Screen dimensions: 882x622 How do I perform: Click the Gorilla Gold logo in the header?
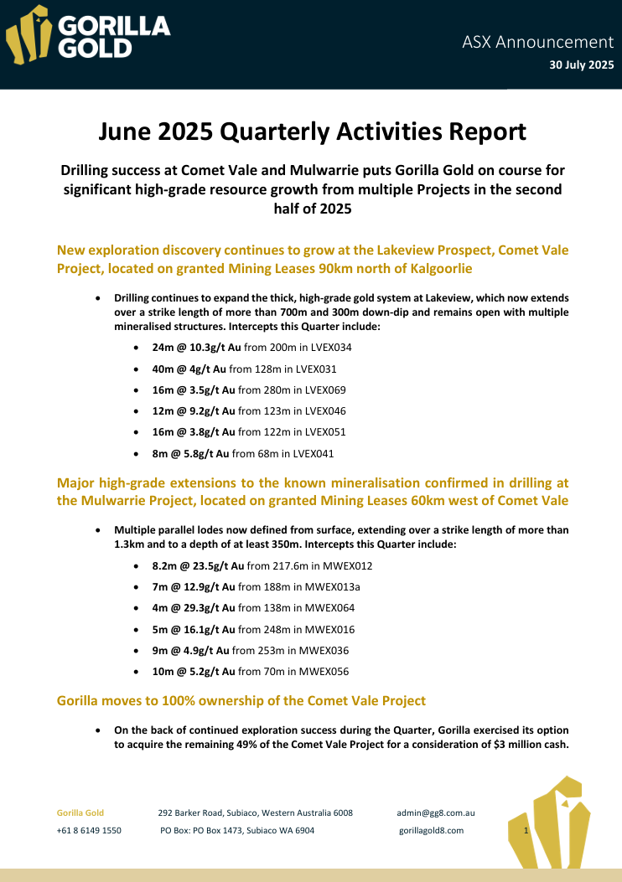click(88, 35)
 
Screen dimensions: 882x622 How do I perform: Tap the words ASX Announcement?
click(537, 41)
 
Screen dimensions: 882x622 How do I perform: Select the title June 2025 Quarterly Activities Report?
click(312, 132)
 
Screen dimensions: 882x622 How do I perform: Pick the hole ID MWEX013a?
click(323, 587)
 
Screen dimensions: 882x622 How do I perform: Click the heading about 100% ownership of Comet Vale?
click(241, 700)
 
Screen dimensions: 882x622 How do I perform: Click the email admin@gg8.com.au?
click(436, 812)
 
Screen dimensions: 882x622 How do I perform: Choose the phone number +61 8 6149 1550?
click(89, 830)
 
